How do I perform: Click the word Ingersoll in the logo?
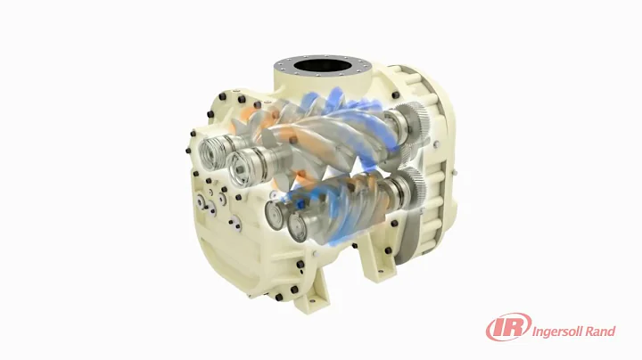(x=560, y=332)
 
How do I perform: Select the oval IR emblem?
(x=506, y=329)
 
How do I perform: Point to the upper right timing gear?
(x=410, y=120)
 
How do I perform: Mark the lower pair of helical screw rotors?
(x=348, y=200)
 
